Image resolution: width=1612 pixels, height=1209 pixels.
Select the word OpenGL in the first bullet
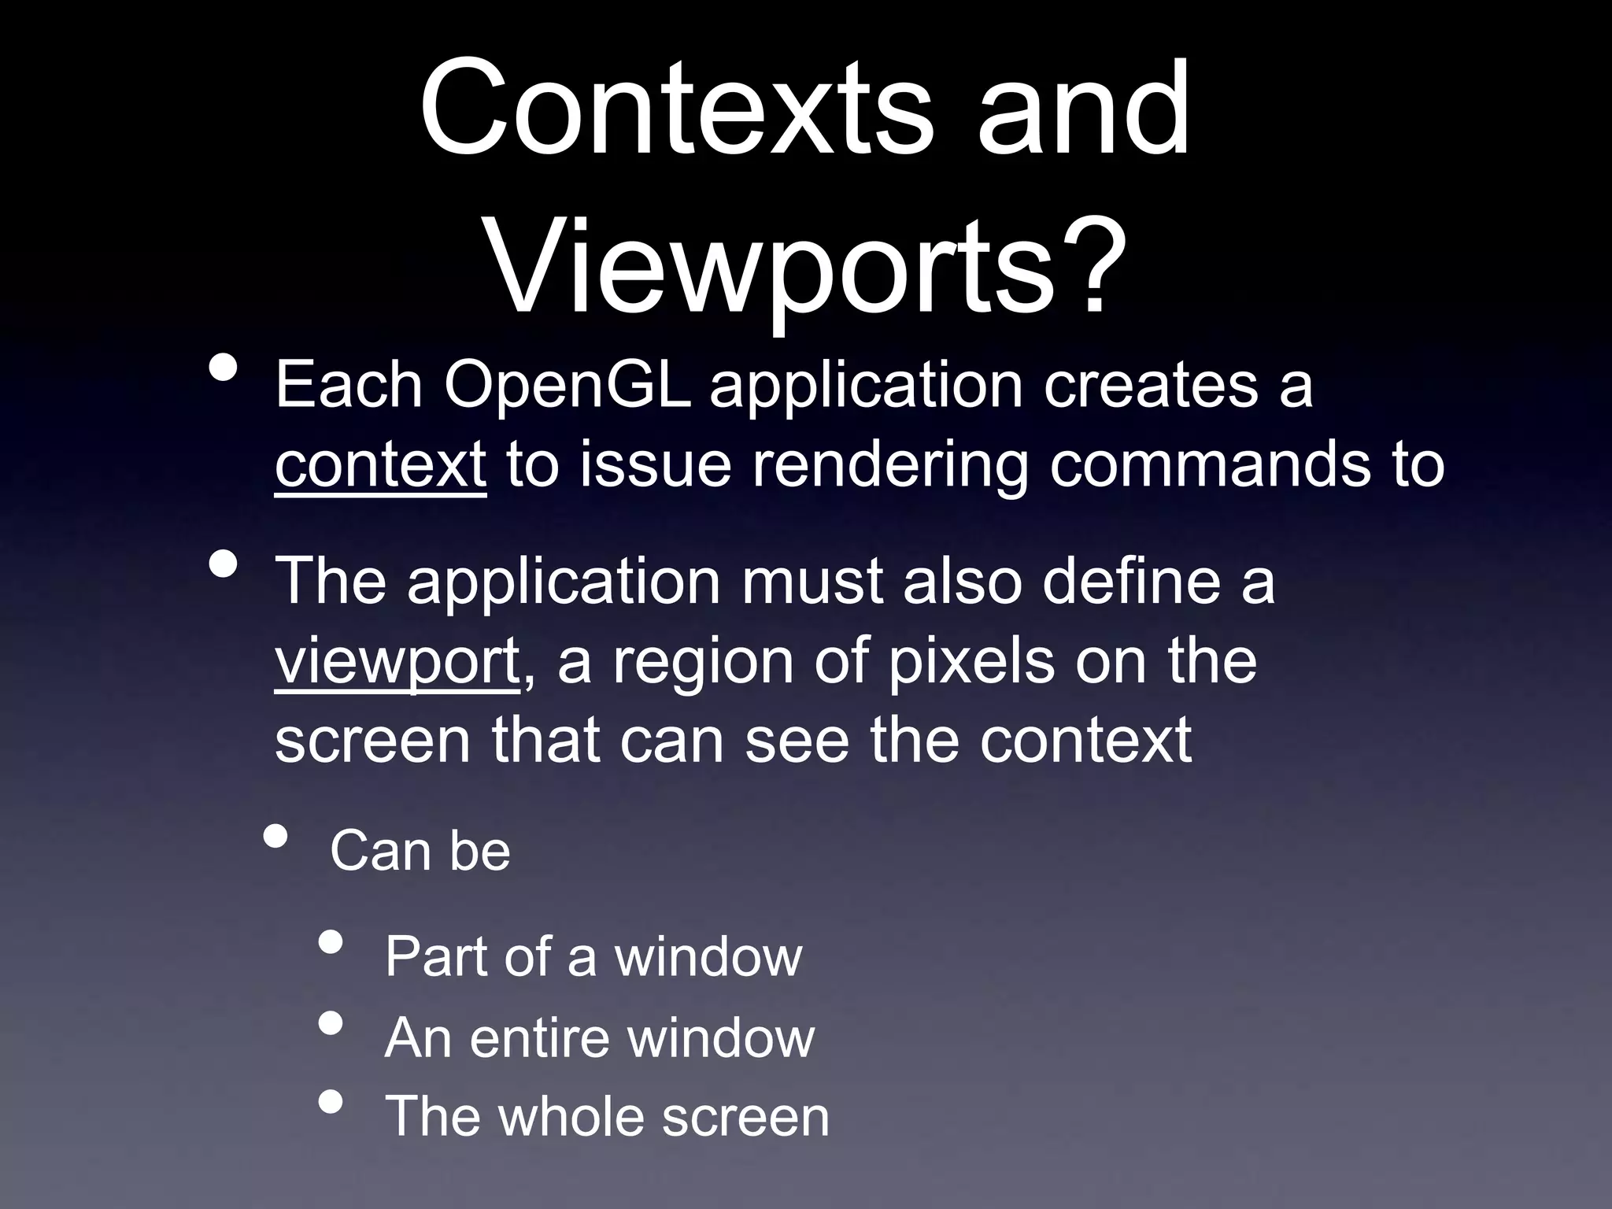coord(567,386)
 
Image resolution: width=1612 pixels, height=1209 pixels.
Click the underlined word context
coord(380,465)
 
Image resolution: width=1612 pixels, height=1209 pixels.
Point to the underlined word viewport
coord(397,662)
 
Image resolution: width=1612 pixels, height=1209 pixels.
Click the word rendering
coord(890,465)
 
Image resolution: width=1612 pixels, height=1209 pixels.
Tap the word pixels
coord(971,662)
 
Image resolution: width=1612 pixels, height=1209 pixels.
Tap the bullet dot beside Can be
coord(275,837)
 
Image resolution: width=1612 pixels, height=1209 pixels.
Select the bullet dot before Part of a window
coord(331,943)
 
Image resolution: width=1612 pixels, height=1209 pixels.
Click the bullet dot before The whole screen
coord(331,1102)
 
